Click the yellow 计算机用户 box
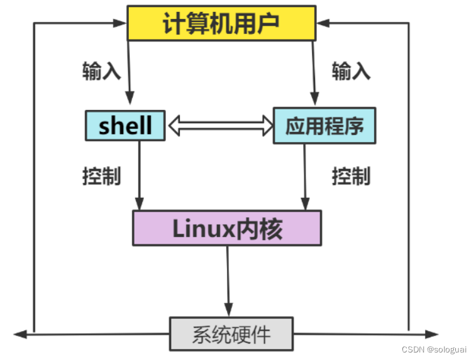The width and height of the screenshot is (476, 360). (x=220, y=23)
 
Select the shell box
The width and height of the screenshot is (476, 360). (x=125, y=125)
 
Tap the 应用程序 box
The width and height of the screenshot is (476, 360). (x=324, y=126)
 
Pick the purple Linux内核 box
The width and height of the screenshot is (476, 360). (x=226, y=228)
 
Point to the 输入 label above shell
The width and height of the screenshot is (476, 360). (x=101, y=71)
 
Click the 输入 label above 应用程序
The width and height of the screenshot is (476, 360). (x=351, y=71)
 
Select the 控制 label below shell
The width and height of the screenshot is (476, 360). (x=101, y=176)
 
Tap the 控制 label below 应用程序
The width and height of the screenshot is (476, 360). (x=351, y=176)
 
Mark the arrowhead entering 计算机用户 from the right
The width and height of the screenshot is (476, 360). (x=322, y=24)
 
